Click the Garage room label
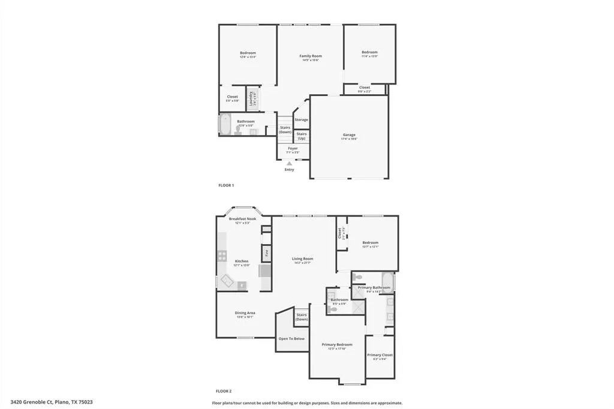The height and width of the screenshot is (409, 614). pyautogui.click(x=349, y=135)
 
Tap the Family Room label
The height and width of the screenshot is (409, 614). pyautogui.click(x=311, y=56)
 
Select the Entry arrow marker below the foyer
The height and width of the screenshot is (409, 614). pyautogui.click(x=290, y=163)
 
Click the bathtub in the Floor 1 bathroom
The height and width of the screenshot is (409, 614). pyautogui.click(x=225, y=125)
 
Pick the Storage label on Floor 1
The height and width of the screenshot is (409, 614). pyautogui.click(x=301, y=119)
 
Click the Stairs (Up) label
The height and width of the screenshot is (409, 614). pyautogui.click(x=302, y=136)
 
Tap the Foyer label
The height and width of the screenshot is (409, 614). pyautogui.click(x=293, y=148)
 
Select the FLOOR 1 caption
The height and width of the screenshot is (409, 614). pyautogui.click(x=226, y=185)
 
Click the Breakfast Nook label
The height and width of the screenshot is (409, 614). pyautogui.click(x=242, y=219)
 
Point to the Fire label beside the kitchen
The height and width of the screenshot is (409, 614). pyautogui.click(x=266, y=254)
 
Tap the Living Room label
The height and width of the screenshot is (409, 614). pyautogui.click(x=303, y=258)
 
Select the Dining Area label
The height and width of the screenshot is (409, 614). pyautogui.click(x=245, y=312)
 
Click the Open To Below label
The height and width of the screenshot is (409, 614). pyautogui.click(x=291, y=339)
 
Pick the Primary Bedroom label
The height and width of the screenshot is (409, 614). pyautogui.click(x=336, y=344)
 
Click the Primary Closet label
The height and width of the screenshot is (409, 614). pyautogui.click(x=380, y=355)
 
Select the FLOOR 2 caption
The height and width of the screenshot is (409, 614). pyautogui.click(x=226, y=391)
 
